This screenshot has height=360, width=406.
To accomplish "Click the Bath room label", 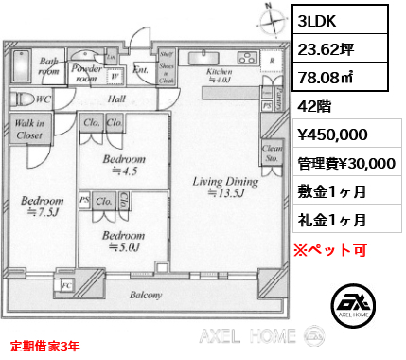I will [48, 66].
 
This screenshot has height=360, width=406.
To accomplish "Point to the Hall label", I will [117, 99].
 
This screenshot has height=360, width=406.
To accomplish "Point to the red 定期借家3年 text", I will [45, 346].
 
